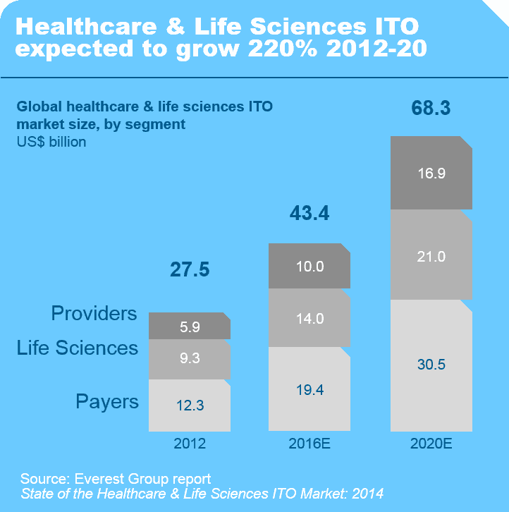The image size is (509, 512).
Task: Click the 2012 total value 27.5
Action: pyautogui.click(x=190, y=269)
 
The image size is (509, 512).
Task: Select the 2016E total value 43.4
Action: pyautogui.click(x=309, y=213)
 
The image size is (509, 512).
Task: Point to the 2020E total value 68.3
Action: pyautogui.click(x=431, y=109)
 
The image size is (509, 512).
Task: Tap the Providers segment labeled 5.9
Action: pyautogui.click(x=190, y=327)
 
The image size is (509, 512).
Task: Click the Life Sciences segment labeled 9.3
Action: pyautogui.click(x=190, y=358)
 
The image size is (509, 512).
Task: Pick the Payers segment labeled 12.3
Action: pyautogui.click(x=190, y=406)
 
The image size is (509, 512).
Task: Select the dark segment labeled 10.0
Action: pyautogui.click(x=309, y=266)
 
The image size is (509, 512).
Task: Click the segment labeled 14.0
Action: pyautogui.click(x=309, y=318)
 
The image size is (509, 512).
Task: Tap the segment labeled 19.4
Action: pyautogui.click(x=309, y=389)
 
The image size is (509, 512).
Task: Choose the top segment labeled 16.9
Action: pyautogui.click(x=431, y=173)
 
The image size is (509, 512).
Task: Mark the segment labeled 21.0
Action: pyautogui.click(x=431, y=256)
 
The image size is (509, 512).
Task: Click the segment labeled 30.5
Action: pyautogui.click(x=431, y=365)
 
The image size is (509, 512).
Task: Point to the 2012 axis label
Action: pyautogui.click(x=190, y=444)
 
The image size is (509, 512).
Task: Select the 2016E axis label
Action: pyautogui.click(x=309, y=444)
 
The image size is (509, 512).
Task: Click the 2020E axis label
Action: pyautogui.click(x=431, y=444)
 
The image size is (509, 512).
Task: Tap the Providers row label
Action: pyautogui.click(x=94, y=314)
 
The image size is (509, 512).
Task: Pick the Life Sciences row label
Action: pyautogui.click(x=78, y=348)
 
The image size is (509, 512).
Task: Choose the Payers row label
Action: pyautogui.click(x=107, y=402)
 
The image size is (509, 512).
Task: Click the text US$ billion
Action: pyautogui.click(x=51, y=142)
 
